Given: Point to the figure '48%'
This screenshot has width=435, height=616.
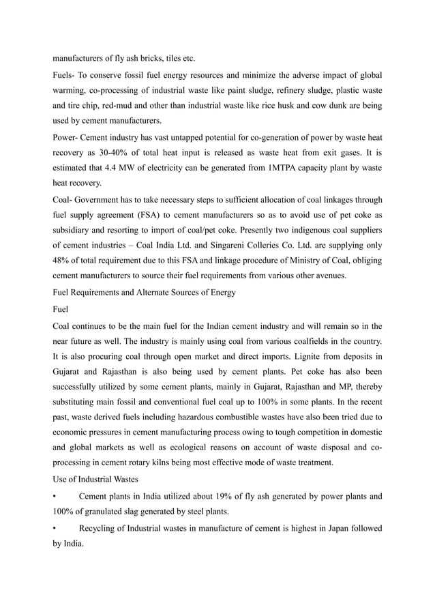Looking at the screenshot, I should point(63,263).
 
